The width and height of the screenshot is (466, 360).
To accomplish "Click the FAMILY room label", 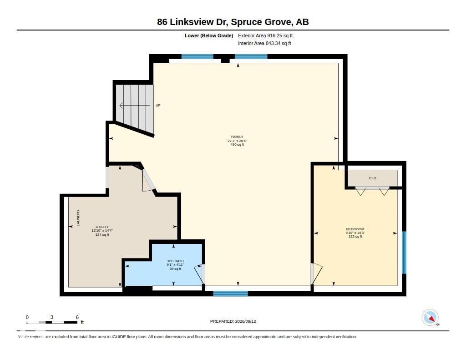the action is pyautogui.click(x=237, y=137).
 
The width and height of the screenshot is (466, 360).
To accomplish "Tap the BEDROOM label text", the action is pyautogui.click(x=355, y=229).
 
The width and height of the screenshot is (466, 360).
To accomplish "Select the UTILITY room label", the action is pyautogui.click(x=102, y=227).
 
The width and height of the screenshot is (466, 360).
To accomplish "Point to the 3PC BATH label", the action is pyautogui.click(x=175, y=261).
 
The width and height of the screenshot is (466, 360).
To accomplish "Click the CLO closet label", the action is pyautogui.click(x=373, y=178).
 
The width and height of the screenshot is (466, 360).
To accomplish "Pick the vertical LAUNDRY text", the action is pyautogui.click(x=78, y=218).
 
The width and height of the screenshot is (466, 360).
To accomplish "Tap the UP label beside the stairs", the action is pyautogui.click(x=158, y=105).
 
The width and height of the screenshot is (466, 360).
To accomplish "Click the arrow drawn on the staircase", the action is pyautogui.click(x=135, y=106).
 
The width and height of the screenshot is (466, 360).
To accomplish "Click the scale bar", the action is pyautogui.click(x=52, y=322).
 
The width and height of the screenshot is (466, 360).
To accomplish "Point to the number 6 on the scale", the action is pyautogui.click(x=77, y=317).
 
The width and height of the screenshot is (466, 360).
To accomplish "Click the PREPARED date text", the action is pyautogui.click(x=233, y=321).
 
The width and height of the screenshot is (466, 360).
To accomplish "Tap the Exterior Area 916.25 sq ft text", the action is pyautogui.click(x=265, y=35).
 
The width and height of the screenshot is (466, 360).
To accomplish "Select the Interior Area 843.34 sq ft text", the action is pyautogui.click(x=264, y=43).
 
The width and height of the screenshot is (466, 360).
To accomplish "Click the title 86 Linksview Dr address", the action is pyautogui.click(x=233, y=22).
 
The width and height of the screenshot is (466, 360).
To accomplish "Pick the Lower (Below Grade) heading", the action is pyautogui.click(x=209, y=35).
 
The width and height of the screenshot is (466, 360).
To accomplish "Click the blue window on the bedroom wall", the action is pyautogui.click(x=404, y=253).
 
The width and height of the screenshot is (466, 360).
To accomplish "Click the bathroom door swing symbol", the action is pyautogui.click(x=199, y=274).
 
